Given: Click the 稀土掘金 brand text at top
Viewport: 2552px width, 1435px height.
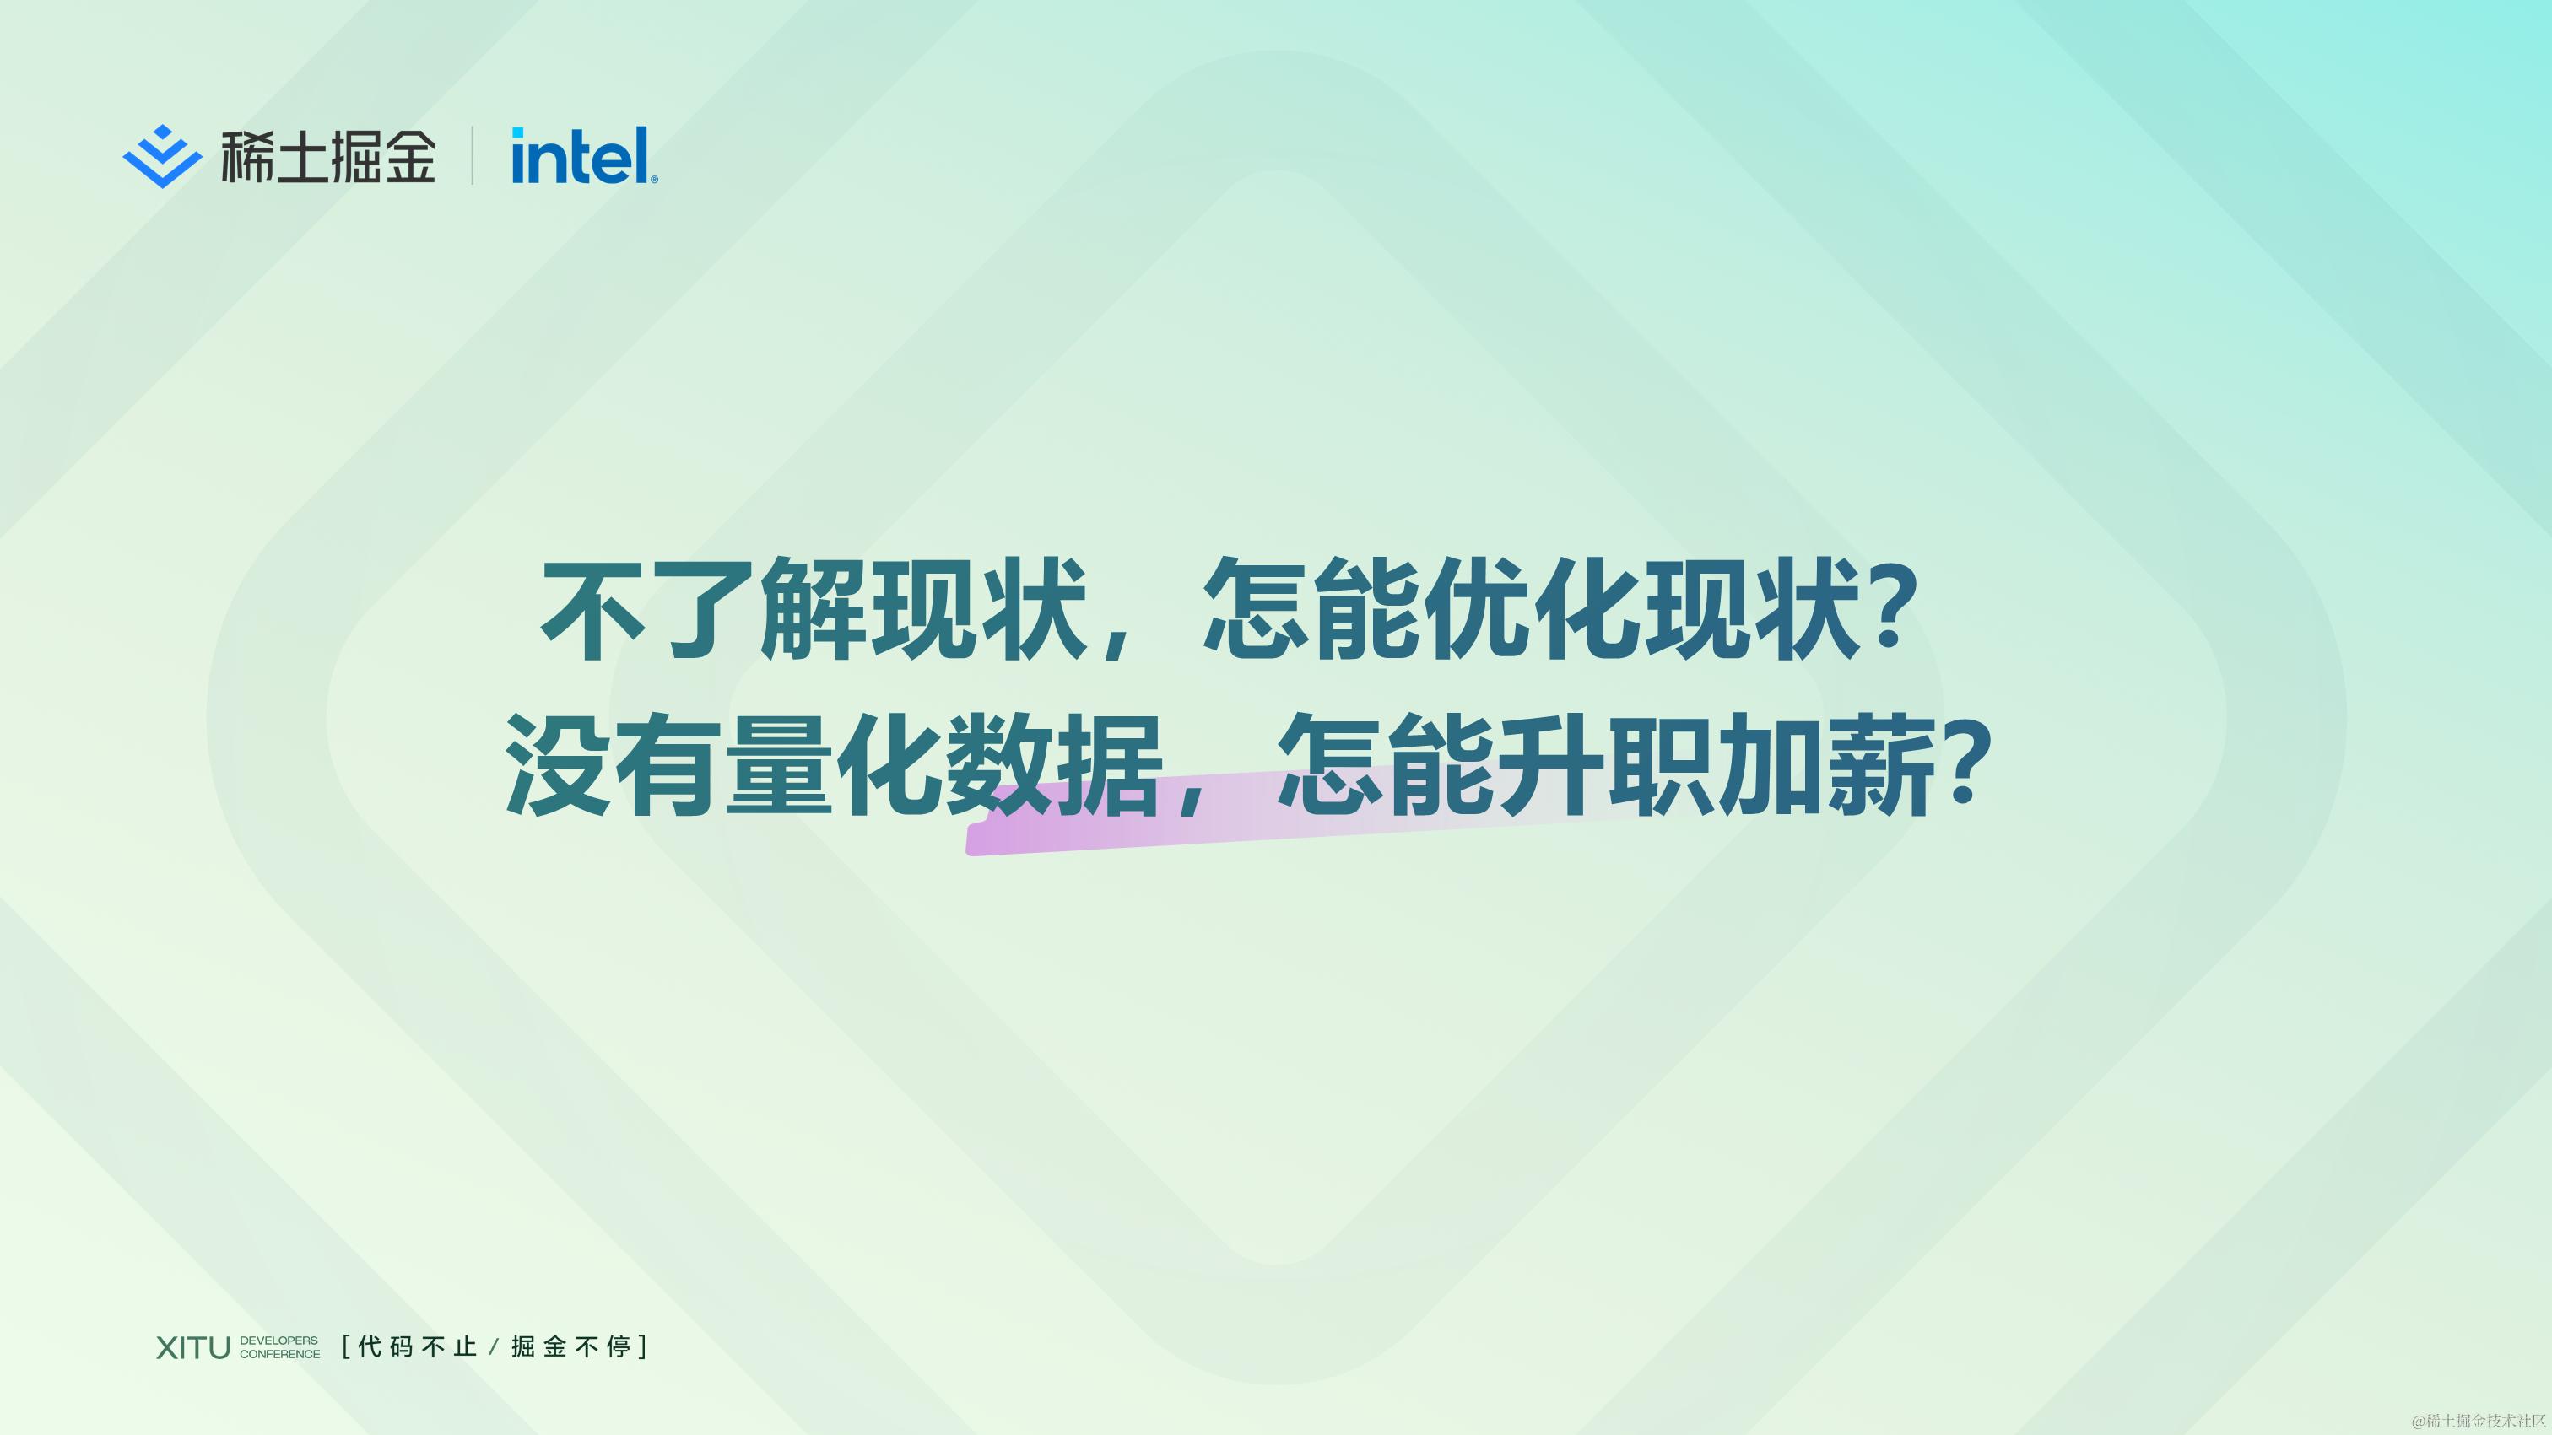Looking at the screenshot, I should pos(327,156).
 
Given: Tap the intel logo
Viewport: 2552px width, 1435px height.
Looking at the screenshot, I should pos(582,156).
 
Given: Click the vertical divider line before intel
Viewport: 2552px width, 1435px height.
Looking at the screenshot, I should pos(472,156).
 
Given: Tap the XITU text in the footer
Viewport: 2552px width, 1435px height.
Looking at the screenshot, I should pos(193,1348).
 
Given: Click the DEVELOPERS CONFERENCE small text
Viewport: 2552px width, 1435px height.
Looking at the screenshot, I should pos(279,1348).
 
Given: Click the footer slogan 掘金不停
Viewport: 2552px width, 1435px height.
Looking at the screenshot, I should pos(571,1347).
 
